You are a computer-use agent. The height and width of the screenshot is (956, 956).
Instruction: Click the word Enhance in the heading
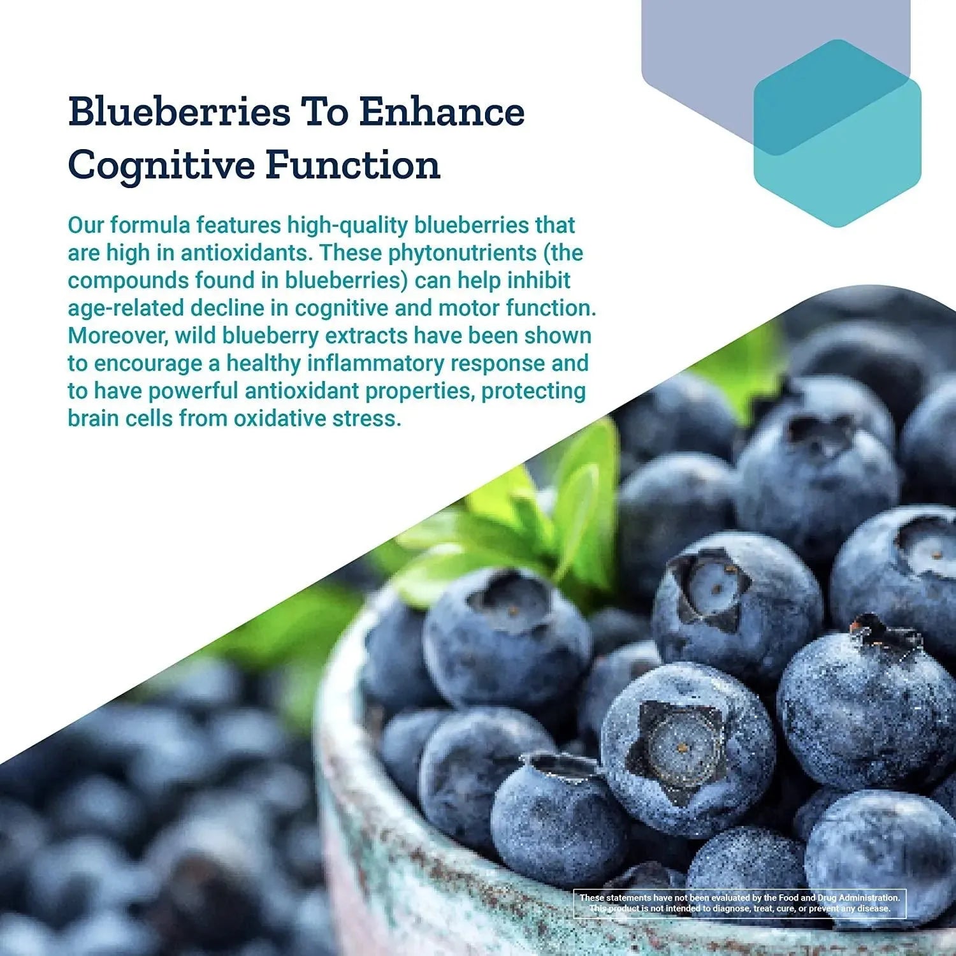click(442, 112)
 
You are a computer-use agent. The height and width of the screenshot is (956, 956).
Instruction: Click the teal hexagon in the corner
click(837, 133)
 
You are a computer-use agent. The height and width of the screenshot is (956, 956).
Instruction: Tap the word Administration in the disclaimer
click(869, 897)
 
